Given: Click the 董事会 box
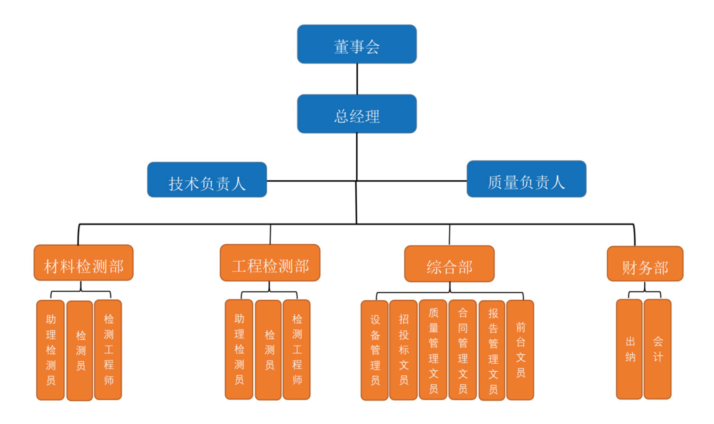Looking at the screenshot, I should tap(357, 44).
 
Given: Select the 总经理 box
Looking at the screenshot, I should tap(357, 114).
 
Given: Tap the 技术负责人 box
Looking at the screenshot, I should tap(207, 180).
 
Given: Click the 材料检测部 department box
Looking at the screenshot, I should tap(83, 263).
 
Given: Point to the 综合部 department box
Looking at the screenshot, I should tap(449, 264).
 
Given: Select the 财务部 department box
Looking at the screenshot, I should tap(645, 264).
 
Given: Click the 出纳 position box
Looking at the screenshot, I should tap(629, 349).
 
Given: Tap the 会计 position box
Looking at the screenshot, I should tap(658, 349).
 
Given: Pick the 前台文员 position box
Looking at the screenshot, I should tap(520, 350).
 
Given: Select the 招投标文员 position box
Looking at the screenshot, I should tap(403, 350).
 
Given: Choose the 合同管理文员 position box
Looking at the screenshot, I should tap(463, 350).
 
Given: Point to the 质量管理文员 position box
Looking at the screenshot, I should tap(433, 350).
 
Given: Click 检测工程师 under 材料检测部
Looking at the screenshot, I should tap(108, 350).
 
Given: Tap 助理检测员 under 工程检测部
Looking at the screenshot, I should tap(239, 349).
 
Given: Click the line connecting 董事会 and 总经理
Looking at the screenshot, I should tap(357, 79).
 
